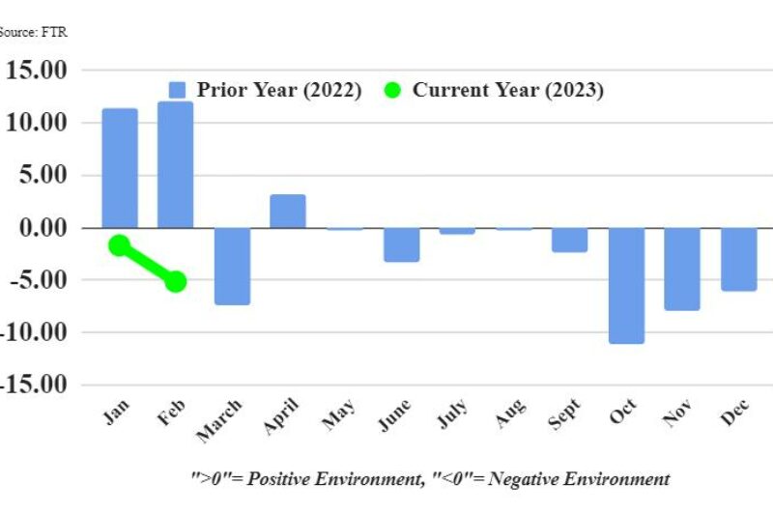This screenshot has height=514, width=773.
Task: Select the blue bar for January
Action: coord(120,168)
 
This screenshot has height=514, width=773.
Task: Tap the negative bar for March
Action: coord(232,266)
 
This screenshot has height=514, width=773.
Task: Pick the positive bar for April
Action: coord(288,212)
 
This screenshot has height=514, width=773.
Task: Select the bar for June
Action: coord(401,244)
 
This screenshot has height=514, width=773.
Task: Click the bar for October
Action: coord(626,285)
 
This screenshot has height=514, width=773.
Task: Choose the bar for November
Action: coord(682,269)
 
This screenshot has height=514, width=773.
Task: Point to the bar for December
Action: coord(739,259)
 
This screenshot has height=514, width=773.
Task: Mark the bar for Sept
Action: coord(570,240)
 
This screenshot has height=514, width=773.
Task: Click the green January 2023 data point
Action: coord(119,245)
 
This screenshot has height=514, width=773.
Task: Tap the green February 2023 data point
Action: coord(175,281)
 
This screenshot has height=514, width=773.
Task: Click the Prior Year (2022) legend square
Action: coord(177,90)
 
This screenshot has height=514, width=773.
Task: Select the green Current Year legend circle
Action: coord(391,91)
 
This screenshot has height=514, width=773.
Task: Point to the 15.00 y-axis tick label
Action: coord(36,71)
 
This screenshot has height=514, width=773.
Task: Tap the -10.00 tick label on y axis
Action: coord(36,332)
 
